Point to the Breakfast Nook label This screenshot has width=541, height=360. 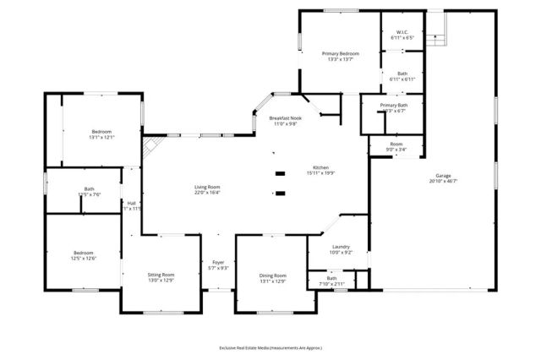(x=284, y=118)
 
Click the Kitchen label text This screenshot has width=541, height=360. (x=320, y=167)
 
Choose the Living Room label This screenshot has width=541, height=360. (x=207, y=187)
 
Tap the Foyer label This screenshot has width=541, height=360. (x=218, y=262)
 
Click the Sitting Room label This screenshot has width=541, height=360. (x=161, y=275)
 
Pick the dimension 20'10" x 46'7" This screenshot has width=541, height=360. (x=443, y=182)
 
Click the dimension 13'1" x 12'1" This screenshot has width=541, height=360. (x=101, y=137)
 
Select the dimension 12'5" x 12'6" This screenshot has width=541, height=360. (x=83, y=259)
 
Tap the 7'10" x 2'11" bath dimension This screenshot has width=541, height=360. (x=332, y=284)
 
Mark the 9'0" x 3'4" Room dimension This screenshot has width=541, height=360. (x=396, y=150)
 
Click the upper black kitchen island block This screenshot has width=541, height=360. (x=280, y=175)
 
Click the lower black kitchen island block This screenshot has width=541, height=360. (x=280, y=194)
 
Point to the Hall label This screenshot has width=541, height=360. (x=132, y=203)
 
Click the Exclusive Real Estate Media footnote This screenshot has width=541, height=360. (x=270, y=347)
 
